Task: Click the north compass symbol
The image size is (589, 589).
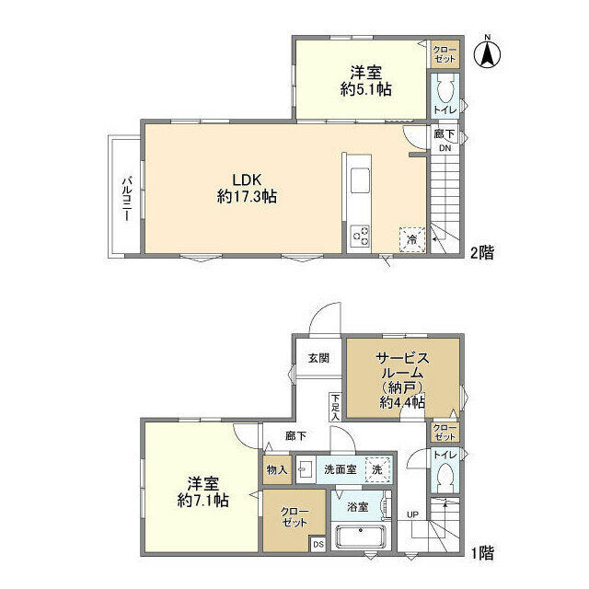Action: point(487,54)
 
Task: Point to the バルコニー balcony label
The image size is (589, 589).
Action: point(126,199)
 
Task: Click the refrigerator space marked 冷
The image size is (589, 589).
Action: point(412,239)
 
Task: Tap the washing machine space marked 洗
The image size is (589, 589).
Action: point(377,469)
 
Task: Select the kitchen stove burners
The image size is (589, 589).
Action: point(360,236)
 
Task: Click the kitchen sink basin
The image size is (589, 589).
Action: point(360,180)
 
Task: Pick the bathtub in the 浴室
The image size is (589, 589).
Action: point(361,536)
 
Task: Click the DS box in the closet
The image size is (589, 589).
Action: point(318,544)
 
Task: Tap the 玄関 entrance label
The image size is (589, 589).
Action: point(318,358)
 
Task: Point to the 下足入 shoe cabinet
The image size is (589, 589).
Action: point(335,407)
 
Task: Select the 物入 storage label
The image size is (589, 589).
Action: point(277,469)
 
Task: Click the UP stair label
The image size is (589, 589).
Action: point(412,514)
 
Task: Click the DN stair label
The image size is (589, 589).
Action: point(445,148)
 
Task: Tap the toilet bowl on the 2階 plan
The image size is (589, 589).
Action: point(445,91)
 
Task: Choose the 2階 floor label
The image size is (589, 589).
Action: point(482,252)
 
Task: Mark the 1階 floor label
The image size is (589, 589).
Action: point(482,553)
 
